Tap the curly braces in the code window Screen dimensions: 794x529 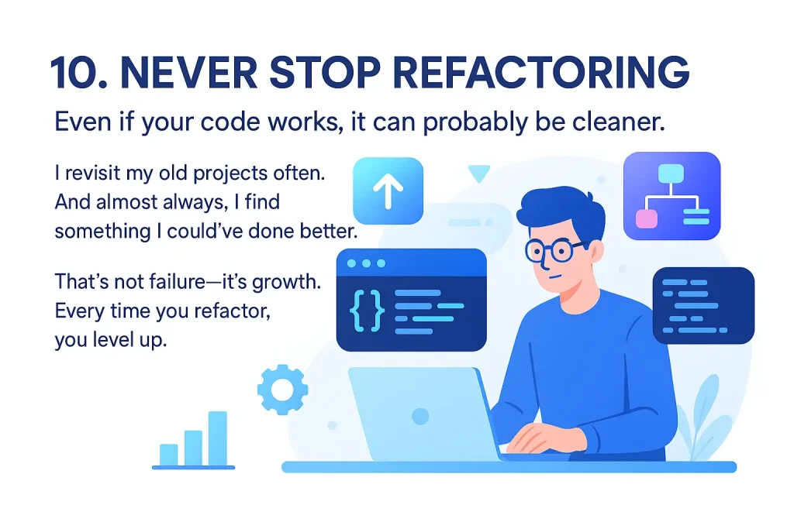pyautogui.click(x=367, y=310)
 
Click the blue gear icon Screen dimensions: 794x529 pyautogui.click(x=282, y=390)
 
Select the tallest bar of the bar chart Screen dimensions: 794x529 pyautogui.click(x=218, y=438)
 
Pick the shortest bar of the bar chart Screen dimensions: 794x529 pyautogui.click(x=168, y=455)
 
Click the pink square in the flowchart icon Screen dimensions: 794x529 pyautogui.click(x=647, y=219)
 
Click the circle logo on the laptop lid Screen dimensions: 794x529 pyautogui.click(x=420, y=416)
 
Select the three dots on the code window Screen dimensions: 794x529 pyautogui.click(x=366, y=263)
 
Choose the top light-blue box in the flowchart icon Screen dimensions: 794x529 pyautogui.click(x=671, y=174)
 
